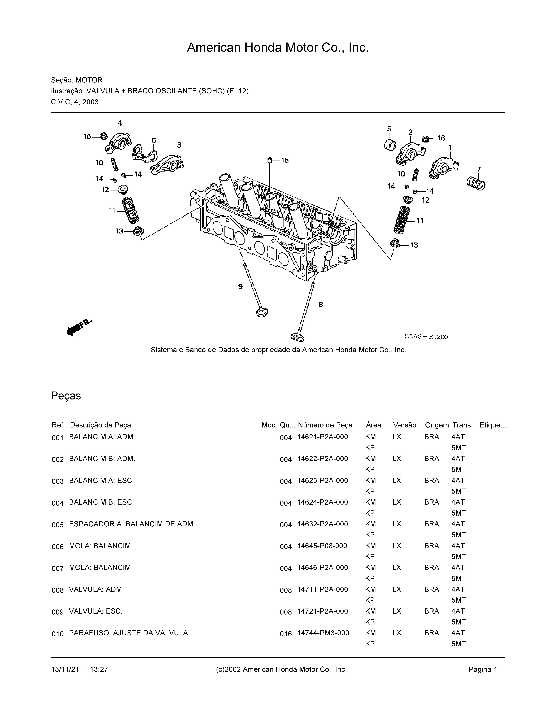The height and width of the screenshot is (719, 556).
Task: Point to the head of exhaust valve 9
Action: click(x=262, y=312)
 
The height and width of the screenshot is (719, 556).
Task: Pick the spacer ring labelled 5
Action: click(x=390, y=145)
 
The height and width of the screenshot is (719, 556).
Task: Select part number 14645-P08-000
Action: click(x=322, y=546)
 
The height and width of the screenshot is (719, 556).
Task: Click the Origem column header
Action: click(x=436, y=425)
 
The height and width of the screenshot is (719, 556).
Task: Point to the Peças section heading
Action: click(x=66, y=396)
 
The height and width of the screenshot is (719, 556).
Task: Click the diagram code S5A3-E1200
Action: click(x=426, y=337)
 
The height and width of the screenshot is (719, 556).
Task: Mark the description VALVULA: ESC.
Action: click(x=96, y=611)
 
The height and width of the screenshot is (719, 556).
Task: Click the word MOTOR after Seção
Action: click(x=89, y=80)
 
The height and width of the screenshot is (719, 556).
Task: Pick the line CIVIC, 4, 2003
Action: click(x=75, y=102)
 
